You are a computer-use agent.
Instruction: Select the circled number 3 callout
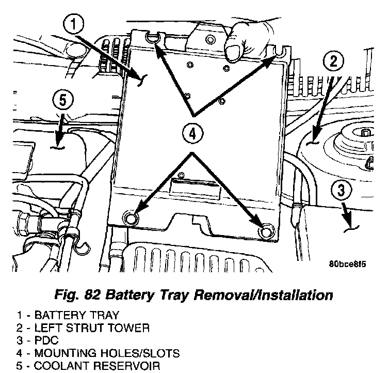(341, 190)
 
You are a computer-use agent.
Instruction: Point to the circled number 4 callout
(191, 133)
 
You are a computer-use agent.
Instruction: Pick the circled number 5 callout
(62, 99)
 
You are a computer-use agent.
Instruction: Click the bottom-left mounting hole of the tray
(131, 219)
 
